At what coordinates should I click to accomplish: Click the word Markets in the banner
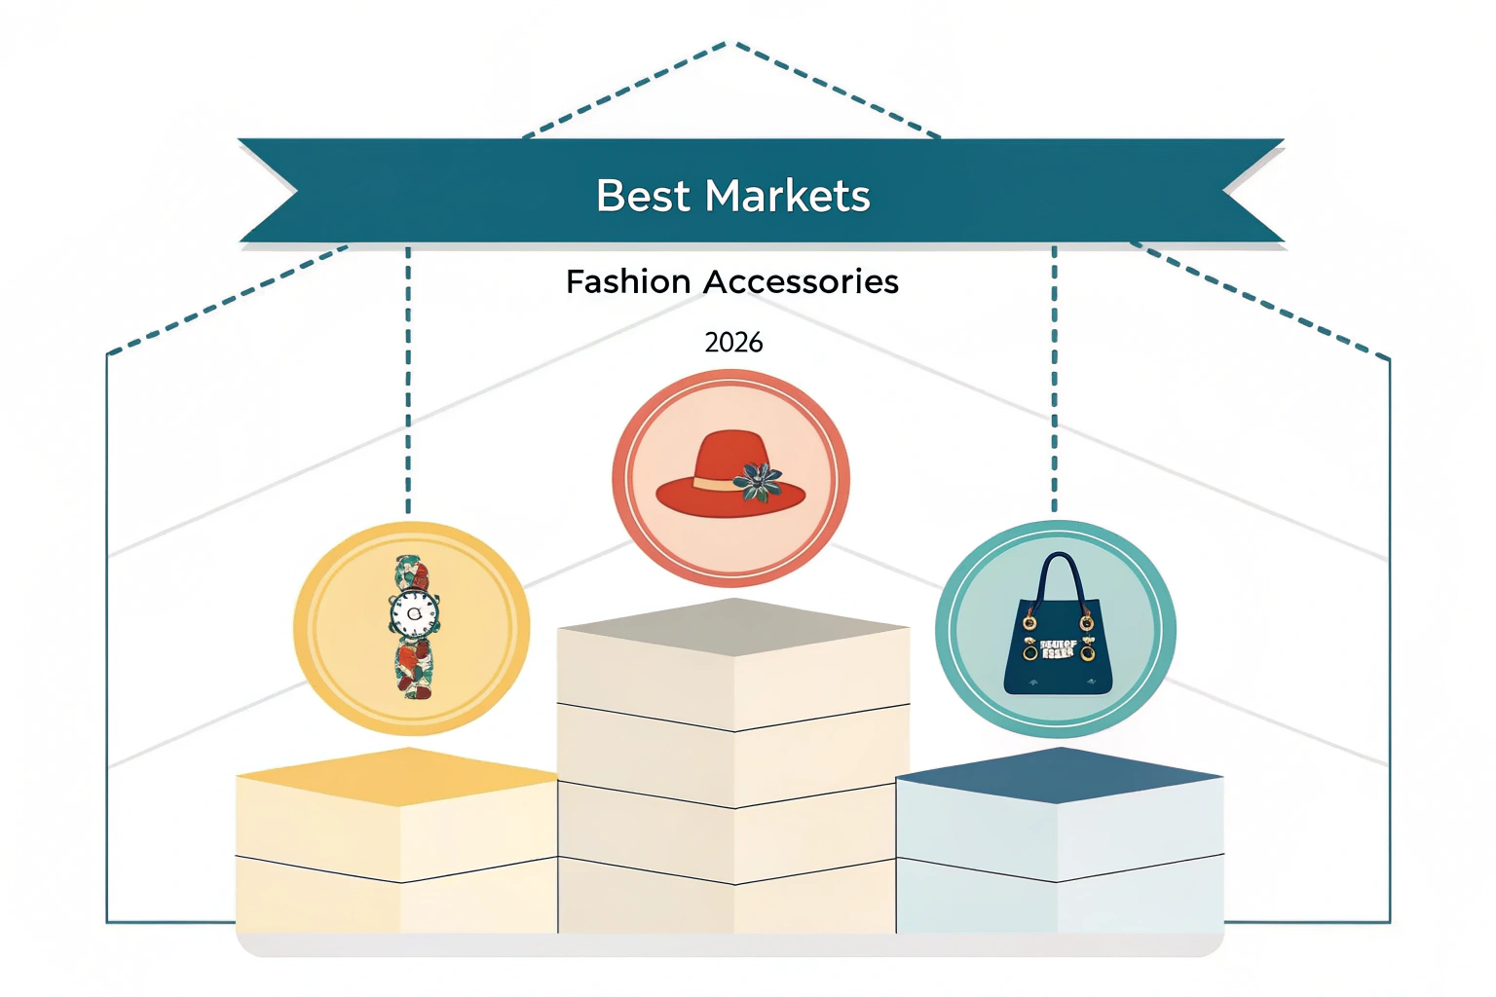[x=787, y=196]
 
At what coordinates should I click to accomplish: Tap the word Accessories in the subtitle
[x=801, y=281]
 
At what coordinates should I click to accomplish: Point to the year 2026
[x=733, y=343]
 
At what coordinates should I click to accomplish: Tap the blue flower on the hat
[x=759, y=481]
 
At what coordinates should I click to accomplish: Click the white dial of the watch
[x=413, y=612]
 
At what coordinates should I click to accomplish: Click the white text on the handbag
[x=1058, y=648]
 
